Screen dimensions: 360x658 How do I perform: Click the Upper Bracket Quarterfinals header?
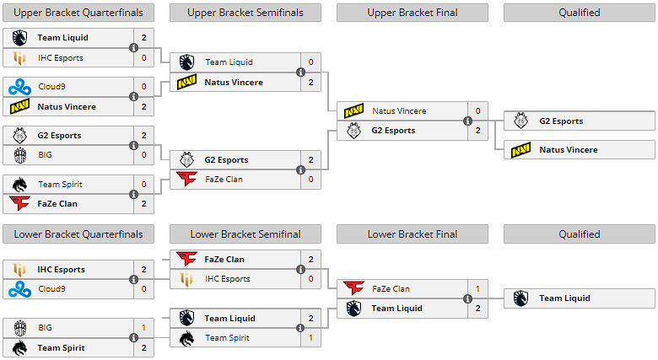click(x=78, y=13)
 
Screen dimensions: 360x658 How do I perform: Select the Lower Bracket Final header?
click(x=412, y=234)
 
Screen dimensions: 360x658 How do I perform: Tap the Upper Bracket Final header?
click(x=412, y=13)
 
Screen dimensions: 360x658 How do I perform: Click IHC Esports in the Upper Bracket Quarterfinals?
click(x=60, y=57)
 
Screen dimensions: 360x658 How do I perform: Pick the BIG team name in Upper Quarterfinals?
click(x=45, y=155)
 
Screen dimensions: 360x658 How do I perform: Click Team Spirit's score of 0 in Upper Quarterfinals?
click(x=143, y=184)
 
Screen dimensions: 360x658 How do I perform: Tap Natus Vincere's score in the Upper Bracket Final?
click(x=477, y=110)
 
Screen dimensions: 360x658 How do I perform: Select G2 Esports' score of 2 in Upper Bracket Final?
click(x=477, y=131)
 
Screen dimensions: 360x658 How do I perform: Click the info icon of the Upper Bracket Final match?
click(x=467, y=121)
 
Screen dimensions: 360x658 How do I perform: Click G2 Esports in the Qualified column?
click(x=561, y=121)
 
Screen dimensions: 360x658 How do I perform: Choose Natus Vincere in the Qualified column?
click(x=568, y=150)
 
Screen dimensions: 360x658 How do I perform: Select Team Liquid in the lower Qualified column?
click(x=564, y=298)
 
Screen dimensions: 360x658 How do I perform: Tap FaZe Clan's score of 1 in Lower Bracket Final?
click(x=477, y=288)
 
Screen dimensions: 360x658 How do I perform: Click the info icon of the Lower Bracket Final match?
click(x=467, y=298)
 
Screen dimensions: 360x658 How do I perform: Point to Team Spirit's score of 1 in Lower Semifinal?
click(x=310, y=338)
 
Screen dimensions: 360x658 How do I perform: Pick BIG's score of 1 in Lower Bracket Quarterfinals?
click(x=143, y=327)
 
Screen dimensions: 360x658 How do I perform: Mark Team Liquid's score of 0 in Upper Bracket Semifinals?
click(x=310, y=62)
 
